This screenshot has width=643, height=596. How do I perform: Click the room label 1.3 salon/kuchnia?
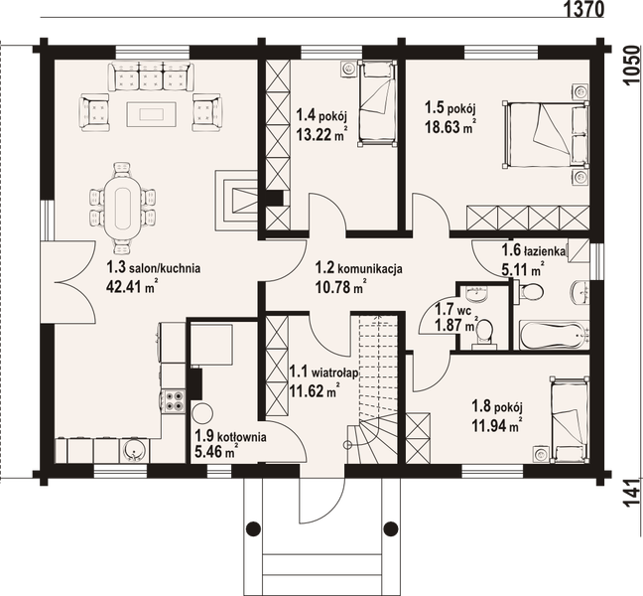click(x=154, y=266)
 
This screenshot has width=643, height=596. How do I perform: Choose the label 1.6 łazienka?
click(x=520, y=252)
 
